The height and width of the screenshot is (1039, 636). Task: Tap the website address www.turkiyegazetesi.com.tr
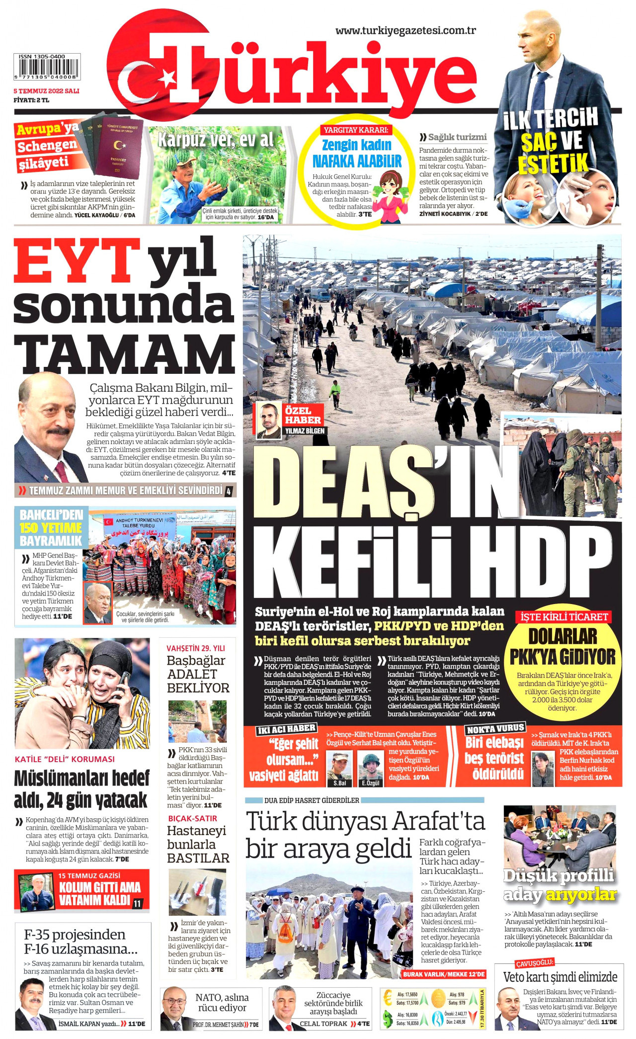coord(405,31)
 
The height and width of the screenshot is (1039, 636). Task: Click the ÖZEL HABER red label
coord(303,415)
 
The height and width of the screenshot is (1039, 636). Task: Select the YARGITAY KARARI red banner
coord(356,130)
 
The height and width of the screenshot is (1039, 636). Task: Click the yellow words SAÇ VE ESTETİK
coord(552,152)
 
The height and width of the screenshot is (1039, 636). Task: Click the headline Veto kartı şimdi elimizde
coord(560,976)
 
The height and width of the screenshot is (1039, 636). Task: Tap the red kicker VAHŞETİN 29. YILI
coord(195,648)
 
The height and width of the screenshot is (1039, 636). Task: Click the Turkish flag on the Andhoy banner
coord(108,521)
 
